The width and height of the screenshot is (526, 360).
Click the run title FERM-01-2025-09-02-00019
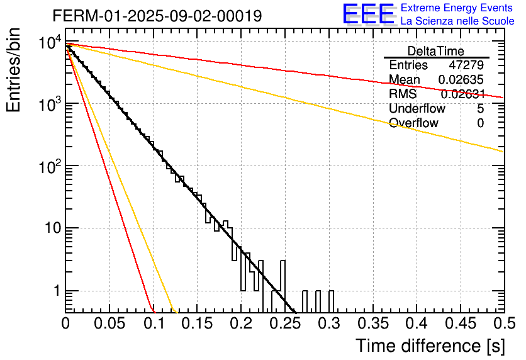point(157,15)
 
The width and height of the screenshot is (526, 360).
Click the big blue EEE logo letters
point(367,14)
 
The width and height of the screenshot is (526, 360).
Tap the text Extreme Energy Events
point(457,8)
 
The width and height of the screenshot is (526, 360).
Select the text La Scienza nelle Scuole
point(457,21)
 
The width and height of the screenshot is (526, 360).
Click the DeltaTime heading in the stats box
point(435,51)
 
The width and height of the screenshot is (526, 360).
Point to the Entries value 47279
point(466,65)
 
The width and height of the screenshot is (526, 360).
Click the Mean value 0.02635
point(461,80)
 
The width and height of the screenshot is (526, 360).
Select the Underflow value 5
point(480,108)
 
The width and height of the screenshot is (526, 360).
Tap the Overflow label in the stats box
point(413,123)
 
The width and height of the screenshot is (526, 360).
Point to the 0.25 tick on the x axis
point(285,324)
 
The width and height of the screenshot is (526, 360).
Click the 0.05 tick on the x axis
point(109,324)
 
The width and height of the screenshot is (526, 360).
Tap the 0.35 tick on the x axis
point(372,324)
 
